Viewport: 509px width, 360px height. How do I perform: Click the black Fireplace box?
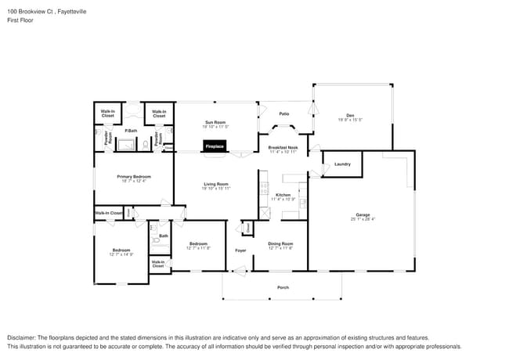tap(215, 146)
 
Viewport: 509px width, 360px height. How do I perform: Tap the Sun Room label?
tap(215, 122)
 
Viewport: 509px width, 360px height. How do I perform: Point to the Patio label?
tap(283, 114)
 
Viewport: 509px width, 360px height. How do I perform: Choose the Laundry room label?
tap(342, 164)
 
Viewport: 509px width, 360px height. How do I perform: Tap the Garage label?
tap(362, 214)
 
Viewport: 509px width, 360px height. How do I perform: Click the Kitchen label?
tap(283, 195)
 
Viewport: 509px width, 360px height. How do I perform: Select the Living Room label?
tap(215, 184)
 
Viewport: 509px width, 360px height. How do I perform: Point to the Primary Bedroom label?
tap(133, 177)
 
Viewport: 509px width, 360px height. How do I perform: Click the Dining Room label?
tap(280, 243)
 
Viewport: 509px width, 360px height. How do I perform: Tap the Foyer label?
tap(240, 250)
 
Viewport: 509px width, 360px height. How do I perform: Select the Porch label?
tap(283, 287)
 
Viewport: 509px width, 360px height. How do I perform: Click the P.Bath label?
tap(131, 131)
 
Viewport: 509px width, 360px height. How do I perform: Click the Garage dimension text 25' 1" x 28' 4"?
tap(362, 219)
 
